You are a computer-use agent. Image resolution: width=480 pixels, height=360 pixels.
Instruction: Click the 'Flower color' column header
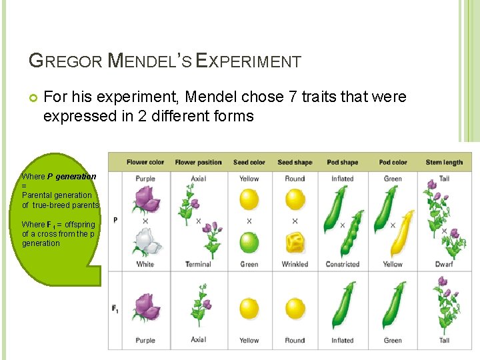pos(145,162)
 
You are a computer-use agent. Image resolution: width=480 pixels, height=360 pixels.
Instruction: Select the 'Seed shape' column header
pos(295,162)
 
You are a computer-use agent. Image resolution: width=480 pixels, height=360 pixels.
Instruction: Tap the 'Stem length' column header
pos(444,162)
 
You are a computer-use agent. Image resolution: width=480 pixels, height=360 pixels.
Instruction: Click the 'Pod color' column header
pos(393,162)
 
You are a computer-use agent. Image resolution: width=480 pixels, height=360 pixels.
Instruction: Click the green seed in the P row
pos(249,242)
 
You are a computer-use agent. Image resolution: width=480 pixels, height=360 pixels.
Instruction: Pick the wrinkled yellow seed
pos(295,243)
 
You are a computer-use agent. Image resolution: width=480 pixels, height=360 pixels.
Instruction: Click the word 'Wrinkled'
pos(295,264)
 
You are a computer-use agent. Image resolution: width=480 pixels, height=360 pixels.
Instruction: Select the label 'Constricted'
pos(342,264)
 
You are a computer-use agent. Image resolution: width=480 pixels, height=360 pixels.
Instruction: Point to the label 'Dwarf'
pos(444,264)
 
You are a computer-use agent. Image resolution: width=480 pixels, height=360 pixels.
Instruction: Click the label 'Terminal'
pos(198,264)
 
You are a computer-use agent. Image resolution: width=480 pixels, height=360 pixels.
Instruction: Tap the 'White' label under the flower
pos(145,264)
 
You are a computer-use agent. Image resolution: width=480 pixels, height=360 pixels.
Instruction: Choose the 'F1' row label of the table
pos(115,309)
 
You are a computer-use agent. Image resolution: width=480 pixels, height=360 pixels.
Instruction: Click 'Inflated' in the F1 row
pos(342,340)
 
